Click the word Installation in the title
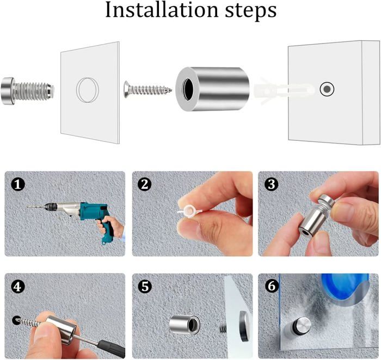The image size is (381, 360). tap(162, 10)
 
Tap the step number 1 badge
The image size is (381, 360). tap(18, 184)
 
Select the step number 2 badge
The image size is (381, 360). tap(145, 184)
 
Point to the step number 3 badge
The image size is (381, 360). tap(271, 184)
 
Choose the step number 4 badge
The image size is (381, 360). tap(18, 287)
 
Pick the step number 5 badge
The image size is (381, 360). tap(145, 287)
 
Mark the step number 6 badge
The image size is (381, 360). tap(271, 287)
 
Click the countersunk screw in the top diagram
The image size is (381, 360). tap(148, 90)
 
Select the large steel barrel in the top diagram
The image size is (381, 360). tap(212, 89)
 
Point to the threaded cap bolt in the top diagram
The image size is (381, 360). tap(27, 91)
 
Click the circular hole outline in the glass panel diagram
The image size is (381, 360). tap(88, 90)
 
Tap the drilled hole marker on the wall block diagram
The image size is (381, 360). tap(327, 89)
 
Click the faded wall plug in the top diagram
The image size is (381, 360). tap(284, 91)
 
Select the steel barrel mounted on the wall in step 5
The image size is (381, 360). tap(185, 325)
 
